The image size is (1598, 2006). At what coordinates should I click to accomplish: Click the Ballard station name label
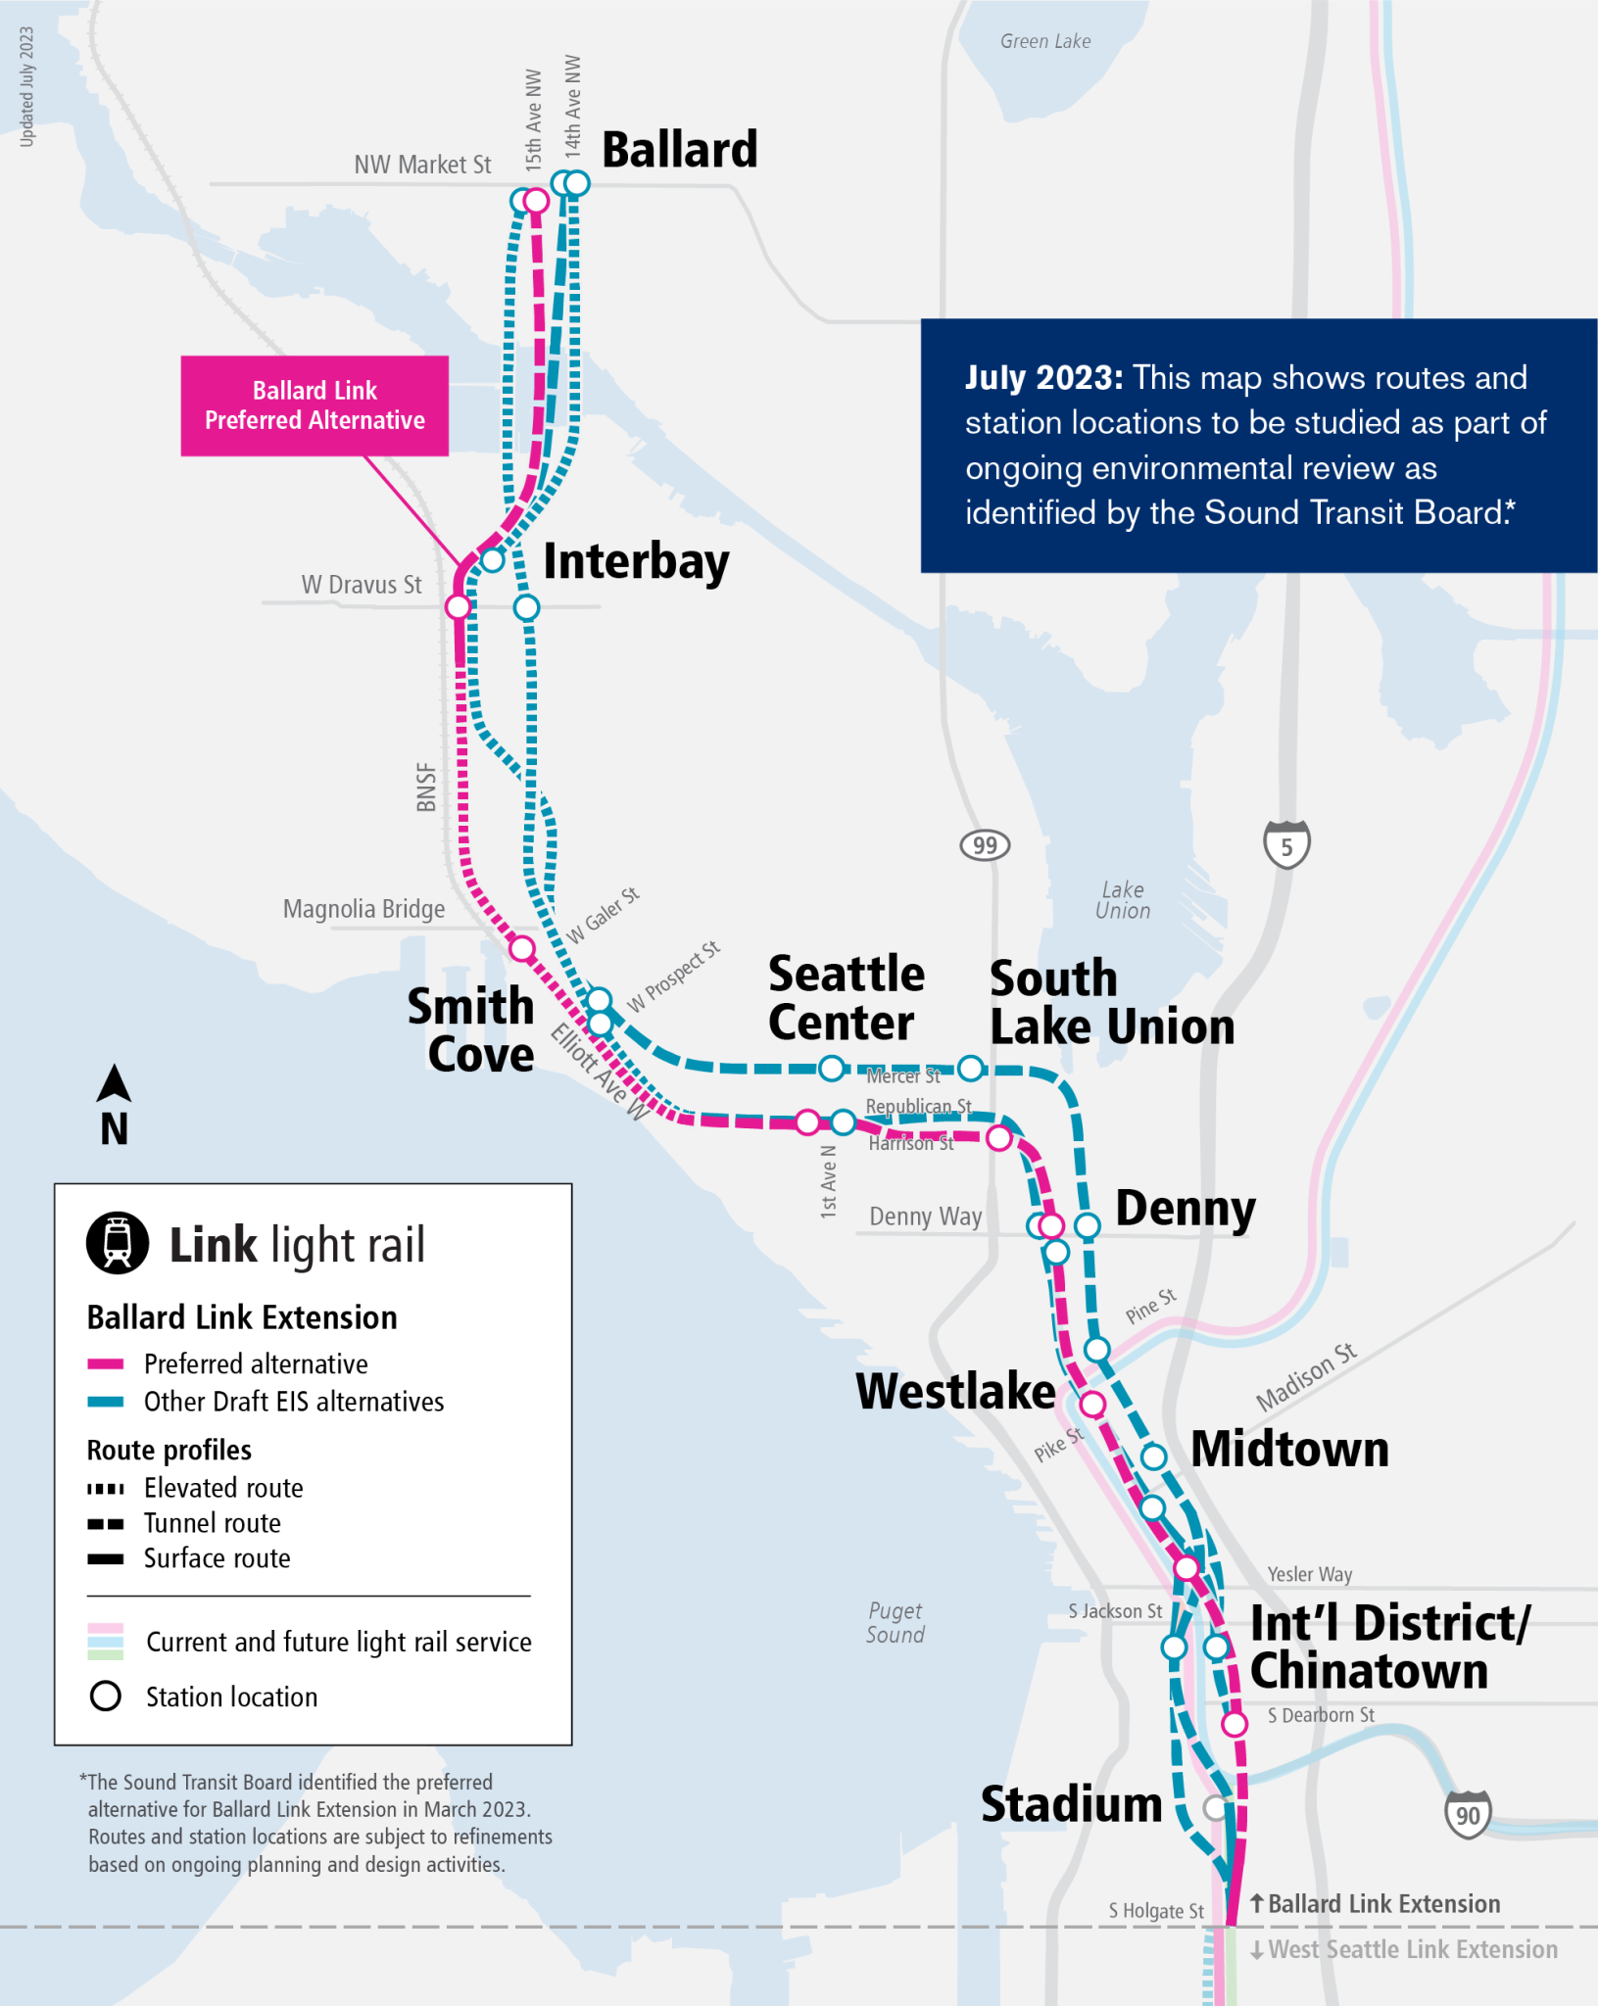(x=679, y=150)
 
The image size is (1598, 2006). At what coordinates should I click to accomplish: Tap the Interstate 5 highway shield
(x=1286, y=844)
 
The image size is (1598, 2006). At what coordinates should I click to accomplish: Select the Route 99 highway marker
(x=985, y=845)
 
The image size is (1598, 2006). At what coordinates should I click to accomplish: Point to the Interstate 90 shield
(x=1467, y=1815)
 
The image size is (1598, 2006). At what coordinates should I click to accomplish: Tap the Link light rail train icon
(x=118, y=1243)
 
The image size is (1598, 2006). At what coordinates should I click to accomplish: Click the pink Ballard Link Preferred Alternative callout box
(x=315, y=406)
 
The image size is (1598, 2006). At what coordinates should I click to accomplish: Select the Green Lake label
(x=1044, y=41)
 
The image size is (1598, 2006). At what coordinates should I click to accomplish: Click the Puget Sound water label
(x=895, y=1622)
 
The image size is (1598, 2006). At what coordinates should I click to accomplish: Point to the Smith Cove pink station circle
(x=522, y=948)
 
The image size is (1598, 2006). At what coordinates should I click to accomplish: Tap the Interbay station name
(x=636, y=562)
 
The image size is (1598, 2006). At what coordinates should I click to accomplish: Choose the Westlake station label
(x=955, y=1391)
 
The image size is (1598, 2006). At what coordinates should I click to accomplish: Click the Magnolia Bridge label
(x=363, y=909)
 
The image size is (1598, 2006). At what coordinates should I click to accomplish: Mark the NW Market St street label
(x=422, y=165)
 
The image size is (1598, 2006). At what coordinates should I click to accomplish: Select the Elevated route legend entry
(x=223, y=1488)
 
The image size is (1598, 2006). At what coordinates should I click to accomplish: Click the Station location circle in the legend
(x=106, y=1696)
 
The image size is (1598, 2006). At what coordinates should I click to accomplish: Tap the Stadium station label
(x=1071, y=1804)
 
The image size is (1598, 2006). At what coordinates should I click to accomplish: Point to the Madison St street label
(x=1306, y=1376)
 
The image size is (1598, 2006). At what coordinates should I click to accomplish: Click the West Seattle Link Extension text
(x=1412, y=1949)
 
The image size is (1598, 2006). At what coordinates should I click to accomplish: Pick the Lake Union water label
(x=1123, y=899)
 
